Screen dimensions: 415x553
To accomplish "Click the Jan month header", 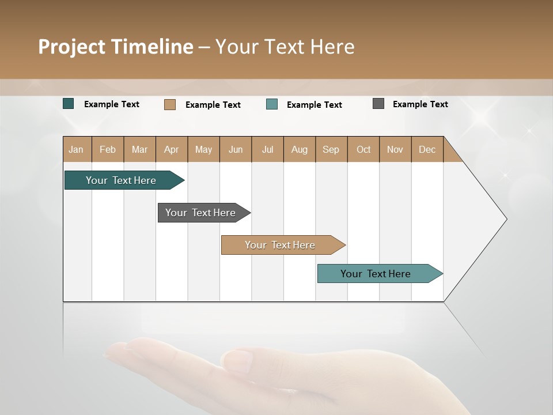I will tap(76, 149).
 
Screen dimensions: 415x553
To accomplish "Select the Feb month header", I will tap(108, 149).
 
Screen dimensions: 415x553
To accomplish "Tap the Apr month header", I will tap(171, 149).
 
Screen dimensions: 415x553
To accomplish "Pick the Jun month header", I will tap(236, 149).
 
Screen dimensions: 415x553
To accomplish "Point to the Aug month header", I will tap(299, 149).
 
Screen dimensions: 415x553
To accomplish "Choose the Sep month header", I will tap(331, 149).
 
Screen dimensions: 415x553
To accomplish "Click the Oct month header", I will tap(363, 149).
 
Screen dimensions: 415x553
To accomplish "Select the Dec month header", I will tap(427, 149).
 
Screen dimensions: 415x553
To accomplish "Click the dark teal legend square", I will tap(69, 104).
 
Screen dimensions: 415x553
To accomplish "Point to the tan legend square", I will tap(170, 104).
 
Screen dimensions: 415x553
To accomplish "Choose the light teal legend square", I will tap(272, 104).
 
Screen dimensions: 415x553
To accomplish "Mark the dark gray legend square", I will tap(378, 104).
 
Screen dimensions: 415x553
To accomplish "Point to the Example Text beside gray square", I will tap(420, 104).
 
